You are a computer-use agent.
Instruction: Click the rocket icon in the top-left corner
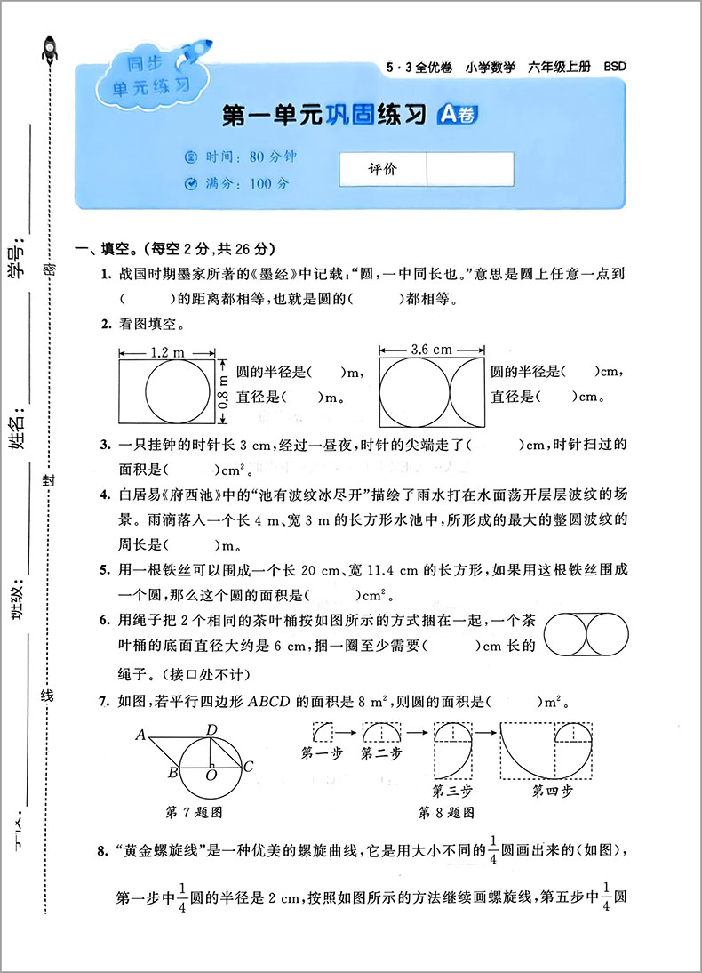[x=50, y=48]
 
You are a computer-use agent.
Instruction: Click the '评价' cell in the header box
[x=383, y=170]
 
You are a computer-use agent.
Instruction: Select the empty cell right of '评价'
[x=469, y=170]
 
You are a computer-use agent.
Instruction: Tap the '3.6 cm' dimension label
[x=432, y=350]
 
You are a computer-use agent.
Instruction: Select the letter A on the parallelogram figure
[x=140, y=735]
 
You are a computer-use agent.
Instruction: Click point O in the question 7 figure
[x=211, y=776]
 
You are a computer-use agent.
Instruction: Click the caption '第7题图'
[x=194, y=812]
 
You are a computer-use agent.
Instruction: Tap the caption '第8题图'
[x=447, y=812]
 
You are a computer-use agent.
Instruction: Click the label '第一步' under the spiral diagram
[x=320, y=754]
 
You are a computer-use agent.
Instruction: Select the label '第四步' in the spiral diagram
[x=553, y=791]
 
